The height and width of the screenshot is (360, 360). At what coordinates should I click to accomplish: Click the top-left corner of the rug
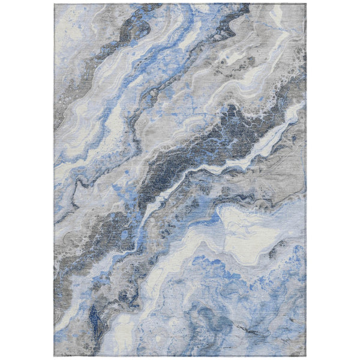55,4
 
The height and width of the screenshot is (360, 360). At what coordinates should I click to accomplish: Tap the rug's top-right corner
305,4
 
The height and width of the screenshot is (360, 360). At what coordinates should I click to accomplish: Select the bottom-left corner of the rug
55,356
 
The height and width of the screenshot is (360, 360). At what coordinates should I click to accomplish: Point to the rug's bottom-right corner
305,356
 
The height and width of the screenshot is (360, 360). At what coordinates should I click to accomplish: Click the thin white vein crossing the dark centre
198,171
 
